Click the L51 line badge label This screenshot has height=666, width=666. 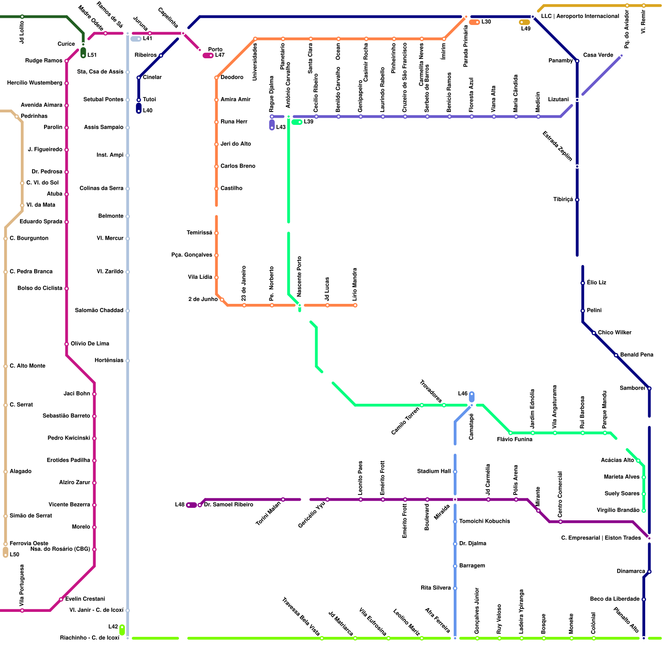(x=92, y=55)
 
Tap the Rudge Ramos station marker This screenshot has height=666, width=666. (x=67, y=61)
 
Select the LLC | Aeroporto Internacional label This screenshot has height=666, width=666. (x=580, y=16)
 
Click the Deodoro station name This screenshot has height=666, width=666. (x=232, y=77)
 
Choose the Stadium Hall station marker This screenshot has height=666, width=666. (x=455, y=472)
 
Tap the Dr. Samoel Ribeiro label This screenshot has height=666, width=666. (x=229, y=505)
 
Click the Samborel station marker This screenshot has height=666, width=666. (x=649, y=388)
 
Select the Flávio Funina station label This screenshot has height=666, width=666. (x=514, y=440)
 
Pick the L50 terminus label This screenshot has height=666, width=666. (x=15, y=554)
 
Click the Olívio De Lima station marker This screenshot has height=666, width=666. (x=67, y=344)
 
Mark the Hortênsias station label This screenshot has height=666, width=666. (x=109, y=360)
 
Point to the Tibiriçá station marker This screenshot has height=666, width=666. (x=577, y=200)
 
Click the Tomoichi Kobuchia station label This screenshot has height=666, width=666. (x=484, y=522)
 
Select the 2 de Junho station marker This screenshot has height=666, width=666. (x=222, y=300)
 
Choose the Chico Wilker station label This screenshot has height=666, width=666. (x=614, y=333)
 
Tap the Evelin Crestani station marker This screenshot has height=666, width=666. (x=61, y=599)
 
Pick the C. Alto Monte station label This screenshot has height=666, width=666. (x=27, y=366)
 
